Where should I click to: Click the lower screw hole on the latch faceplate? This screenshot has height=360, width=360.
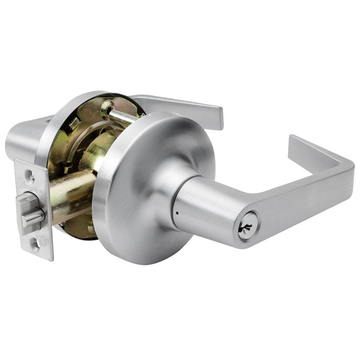coord(35,244)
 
